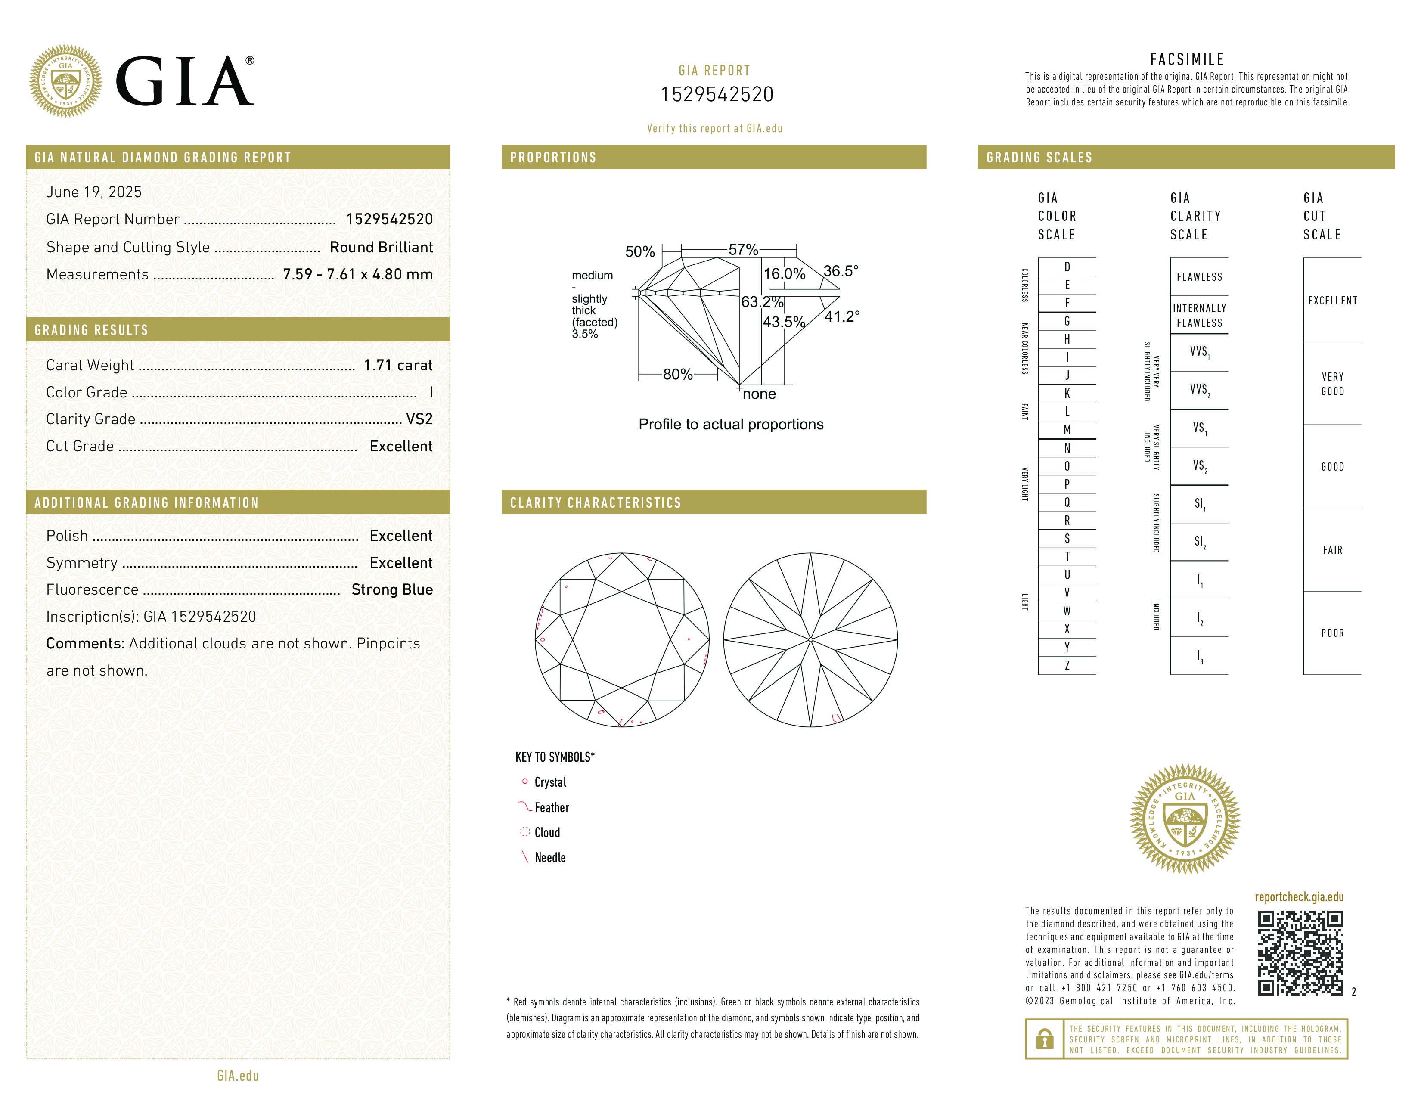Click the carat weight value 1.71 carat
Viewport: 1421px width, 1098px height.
pos(397,365)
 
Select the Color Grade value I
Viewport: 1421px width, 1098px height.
pos(431,392)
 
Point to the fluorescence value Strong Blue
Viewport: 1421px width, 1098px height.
pos(392,589)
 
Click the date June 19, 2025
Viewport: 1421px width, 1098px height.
pos(94,192)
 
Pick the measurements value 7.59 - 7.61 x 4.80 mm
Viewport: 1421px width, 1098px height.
pos(357,275)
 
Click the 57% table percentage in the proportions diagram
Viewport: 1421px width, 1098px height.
pos(743,249)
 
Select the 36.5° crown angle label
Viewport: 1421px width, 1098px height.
pos(841,270)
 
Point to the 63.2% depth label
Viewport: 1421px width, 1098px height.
pos(762,302)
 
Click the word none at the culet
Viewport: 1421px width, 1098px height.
pos(759,394)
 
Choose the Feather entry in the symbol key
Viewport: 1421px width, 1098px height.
pos(552,807)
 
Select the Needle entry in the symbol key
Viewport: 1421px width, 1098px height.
pos(550,857)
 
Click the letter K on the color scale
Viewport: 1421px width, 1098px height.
pos(1067,394)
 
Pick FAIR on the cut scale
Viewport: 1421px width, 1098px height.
pos(1332,550)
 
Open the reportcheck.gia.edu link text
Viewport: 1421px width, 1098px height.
pos(1299,897)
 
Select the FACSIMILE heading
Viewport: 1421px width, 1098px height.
pos(1187,59)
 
